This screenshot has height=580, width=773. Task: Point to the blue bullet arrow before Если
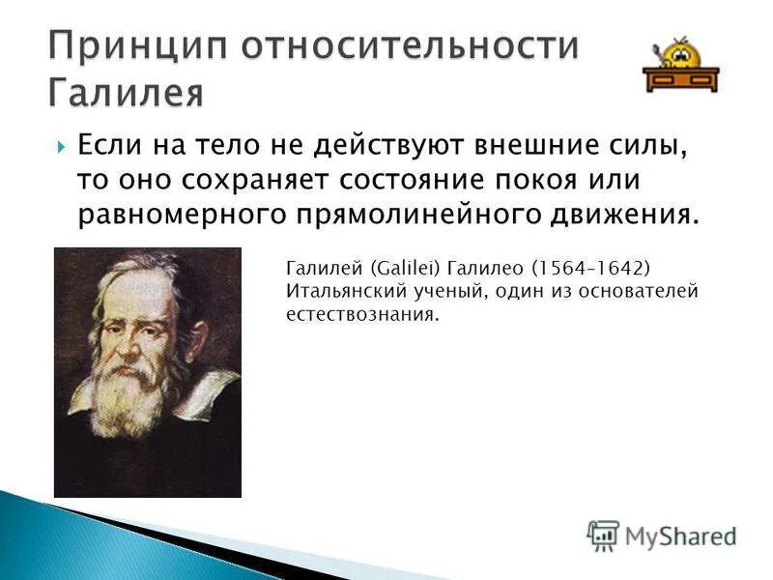pyautogui.click(x=62, y=148)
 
